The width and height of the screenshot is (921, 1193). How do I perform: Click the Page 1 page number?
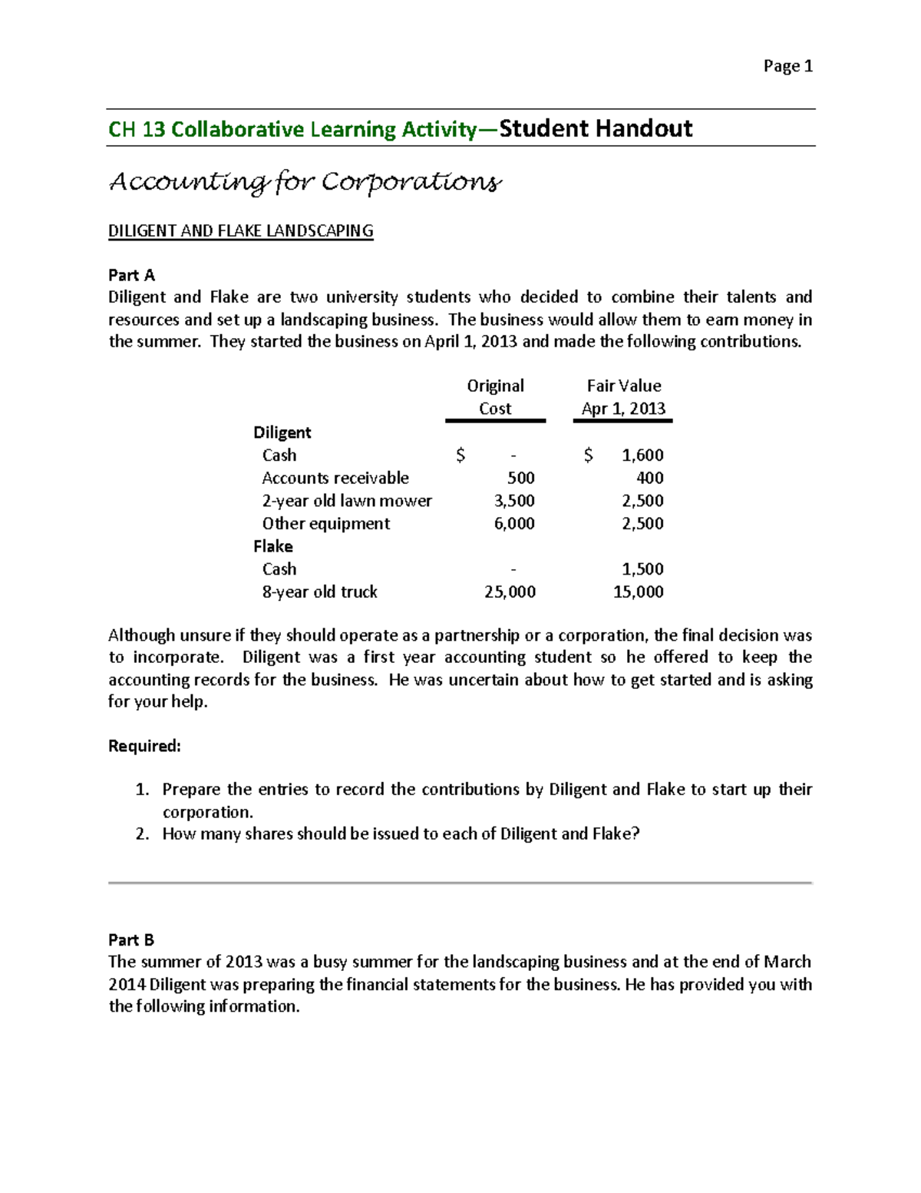pos(787,66)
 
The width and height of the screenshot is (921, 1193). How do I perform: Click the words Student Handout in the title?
pos(596,128)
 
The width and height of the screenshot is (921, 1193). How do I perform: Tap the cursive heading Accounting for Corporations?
pos(305,182)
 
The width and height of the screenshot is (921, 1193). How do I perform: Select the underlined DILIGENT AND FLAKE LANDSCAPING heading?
pos(240,231)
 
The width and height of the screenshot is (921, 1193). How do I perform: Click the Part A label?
pos(131,275)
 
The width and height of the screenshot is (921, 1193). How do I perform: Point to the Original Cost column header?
pos(495,397)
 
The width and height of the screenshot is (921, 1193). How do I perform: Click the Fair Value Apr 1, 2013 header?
pos(623,397)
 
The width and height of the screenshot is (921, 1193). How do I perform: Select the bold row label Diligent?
pos(282,432)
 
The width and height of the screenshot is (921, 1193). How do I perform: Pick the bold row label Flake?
pos(272,546)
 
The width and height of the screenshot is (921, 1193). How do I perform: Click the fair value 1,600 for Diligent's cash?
pos(642,456)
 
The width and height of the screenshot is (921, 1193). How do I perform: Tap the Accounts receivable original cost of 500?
pos(520,478)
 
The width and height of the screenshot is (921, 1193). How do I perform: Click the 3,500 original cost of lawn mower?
pos(514,501)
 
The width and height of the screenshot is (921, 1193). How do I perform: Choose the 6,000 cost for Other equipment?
pos(514,524)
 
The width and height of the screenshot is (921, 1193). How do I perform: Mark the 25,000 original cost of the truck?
pos(510,592)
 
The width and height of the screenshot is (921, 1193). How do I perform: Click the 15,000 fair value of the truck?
pos(638,592)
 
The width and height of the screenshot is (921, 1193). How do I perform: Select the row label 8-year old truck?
pos(319,592)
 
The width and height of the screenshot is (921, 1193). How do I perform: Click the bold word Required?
pos(144,746)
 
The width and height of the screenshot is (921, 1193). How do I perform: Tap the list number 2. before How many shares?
pos(142,834)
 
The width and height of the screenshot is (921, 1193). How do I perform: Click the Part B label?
pos(131,939)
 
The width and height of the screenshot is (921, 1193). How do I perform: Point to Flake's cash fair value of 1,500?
pos(642,569)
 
